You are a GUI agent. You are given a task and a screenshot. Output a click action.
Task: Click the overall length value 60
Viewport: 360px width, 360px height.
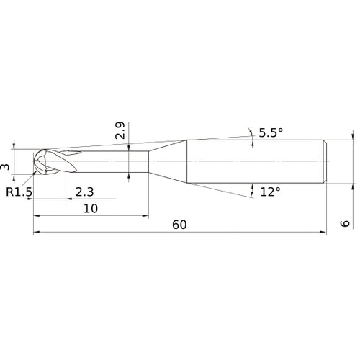[x=179, y=225]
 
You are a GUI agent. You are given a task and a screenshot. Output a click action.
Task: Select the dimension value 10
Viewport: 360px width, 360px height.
[x=91, y=208]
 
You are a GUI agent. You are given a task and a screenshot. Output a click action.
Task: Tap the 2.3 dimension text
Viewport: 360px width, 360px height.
[x=84, y=192]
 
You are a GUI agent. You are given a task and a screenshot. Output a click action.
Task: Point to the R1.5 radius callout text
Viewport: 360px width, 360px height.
[x=19, y=192]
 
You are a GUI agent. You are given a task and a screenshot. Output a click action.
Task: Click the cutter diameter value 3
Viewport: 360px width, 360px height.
[x=6, y=167]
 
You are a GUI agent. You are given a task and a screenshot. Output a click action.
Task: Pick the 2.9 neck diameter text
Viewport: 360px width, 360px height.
[x=120, y=131]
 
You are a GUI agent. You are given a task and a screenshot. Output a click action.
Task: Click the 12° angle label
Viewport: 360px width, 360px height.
[x=270, y=192]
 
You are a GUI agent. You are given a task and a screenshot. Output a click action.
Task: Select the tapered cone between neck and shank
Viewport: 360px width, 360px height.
[x=167, y=160]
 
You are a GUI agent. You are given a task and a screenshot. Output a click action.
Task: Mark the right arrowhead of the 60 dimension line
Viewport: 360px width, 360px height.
[x=323, y=233]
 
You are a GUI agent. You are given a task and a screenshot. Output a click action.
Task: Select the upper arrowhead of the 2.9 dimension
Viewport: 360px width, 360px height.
[x=127, y=148]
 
